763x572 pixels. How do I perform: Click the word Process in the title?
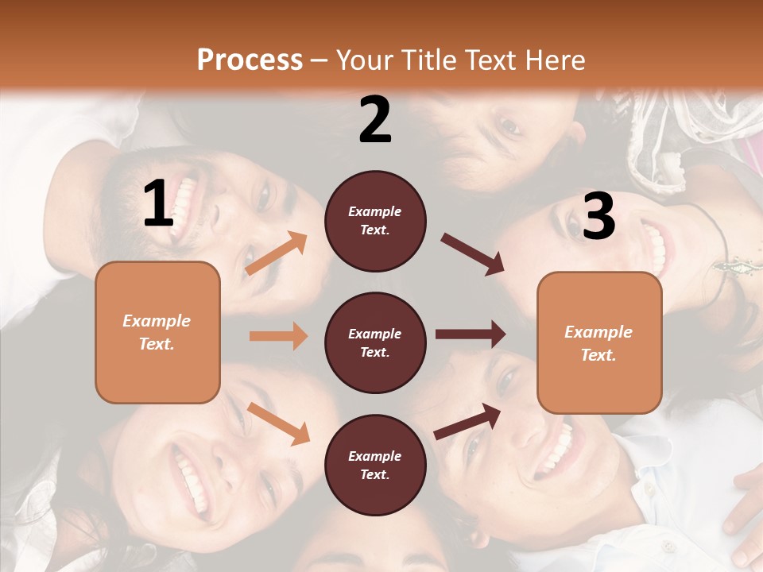coord(250,60)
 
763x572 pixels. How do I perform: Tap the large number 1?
coord(158,204)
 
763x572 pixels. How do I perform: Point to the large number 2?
coord(375,120)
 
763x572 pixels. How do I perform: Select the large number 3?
coord(598,216)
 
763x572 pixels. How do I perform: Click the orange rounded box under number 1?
coord(157,332)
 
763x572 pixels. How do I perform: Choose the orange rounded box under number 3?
coord(599,342)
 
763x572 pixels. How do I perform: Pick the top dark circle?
coord(375,221)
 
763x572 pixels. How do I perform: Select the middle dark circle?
coord(375,342)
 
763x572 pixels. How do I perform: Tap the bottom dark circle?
coord(375,465)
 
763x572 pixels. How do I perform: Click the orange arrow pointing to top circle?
coord(277,253)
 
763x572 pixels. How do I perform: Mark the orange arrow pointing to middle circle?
coord(278,336)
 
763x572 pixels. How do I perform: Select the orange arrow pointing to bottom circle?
coord(278,423)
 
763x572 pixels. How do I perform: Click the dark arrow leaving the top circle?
coord(472,254)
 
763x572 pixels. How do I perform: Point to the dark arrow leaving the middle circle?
coord(470,334)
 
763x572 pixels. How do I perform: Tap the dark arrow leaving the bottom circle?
coord(467,421)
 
